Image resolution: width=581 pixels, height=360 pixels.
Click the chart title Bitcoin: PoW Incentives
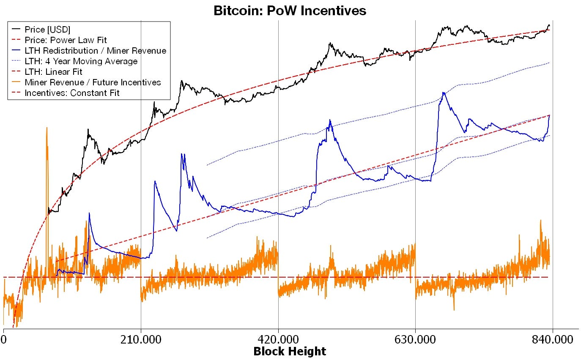pos(290,11)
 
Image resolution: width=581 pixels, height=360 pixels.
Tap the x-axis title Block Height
pos(290,351)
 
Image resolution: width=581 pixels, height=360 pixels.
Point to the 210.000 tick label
pos(141,340)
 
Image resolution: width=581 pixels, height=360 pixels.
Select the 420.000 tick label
pos(278,340)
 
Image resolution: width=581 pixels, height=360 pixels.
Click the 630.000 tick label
pos(416,340)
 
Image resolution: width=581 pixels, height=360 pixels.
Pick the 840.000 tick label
pos(553,340)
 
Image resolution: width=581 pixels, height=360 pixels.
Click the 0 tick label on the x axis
pos(4,340)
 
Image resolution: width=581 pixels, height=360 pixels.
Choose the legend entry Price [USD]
pos(47,30)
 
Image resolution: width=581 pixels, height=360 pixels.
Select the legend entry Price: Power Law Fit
pos(66,40)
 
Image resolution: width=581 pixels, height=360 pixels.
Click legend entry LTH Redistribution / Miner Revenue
pos(95,51)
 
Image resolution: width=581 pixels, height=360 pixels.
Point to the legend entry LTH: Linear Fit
pos(53,72)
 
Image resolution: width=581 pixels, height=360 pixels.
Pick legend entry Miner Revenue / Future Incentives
pos(93,82)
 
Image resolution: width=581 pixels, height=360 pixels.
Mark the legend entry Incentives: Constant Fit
pos(72,93)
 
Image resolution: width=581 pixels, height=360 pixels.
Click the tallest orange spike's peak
pos(47,128)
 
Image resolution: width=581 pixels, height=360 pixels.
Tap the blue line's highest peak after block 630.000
pos(443,93)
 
